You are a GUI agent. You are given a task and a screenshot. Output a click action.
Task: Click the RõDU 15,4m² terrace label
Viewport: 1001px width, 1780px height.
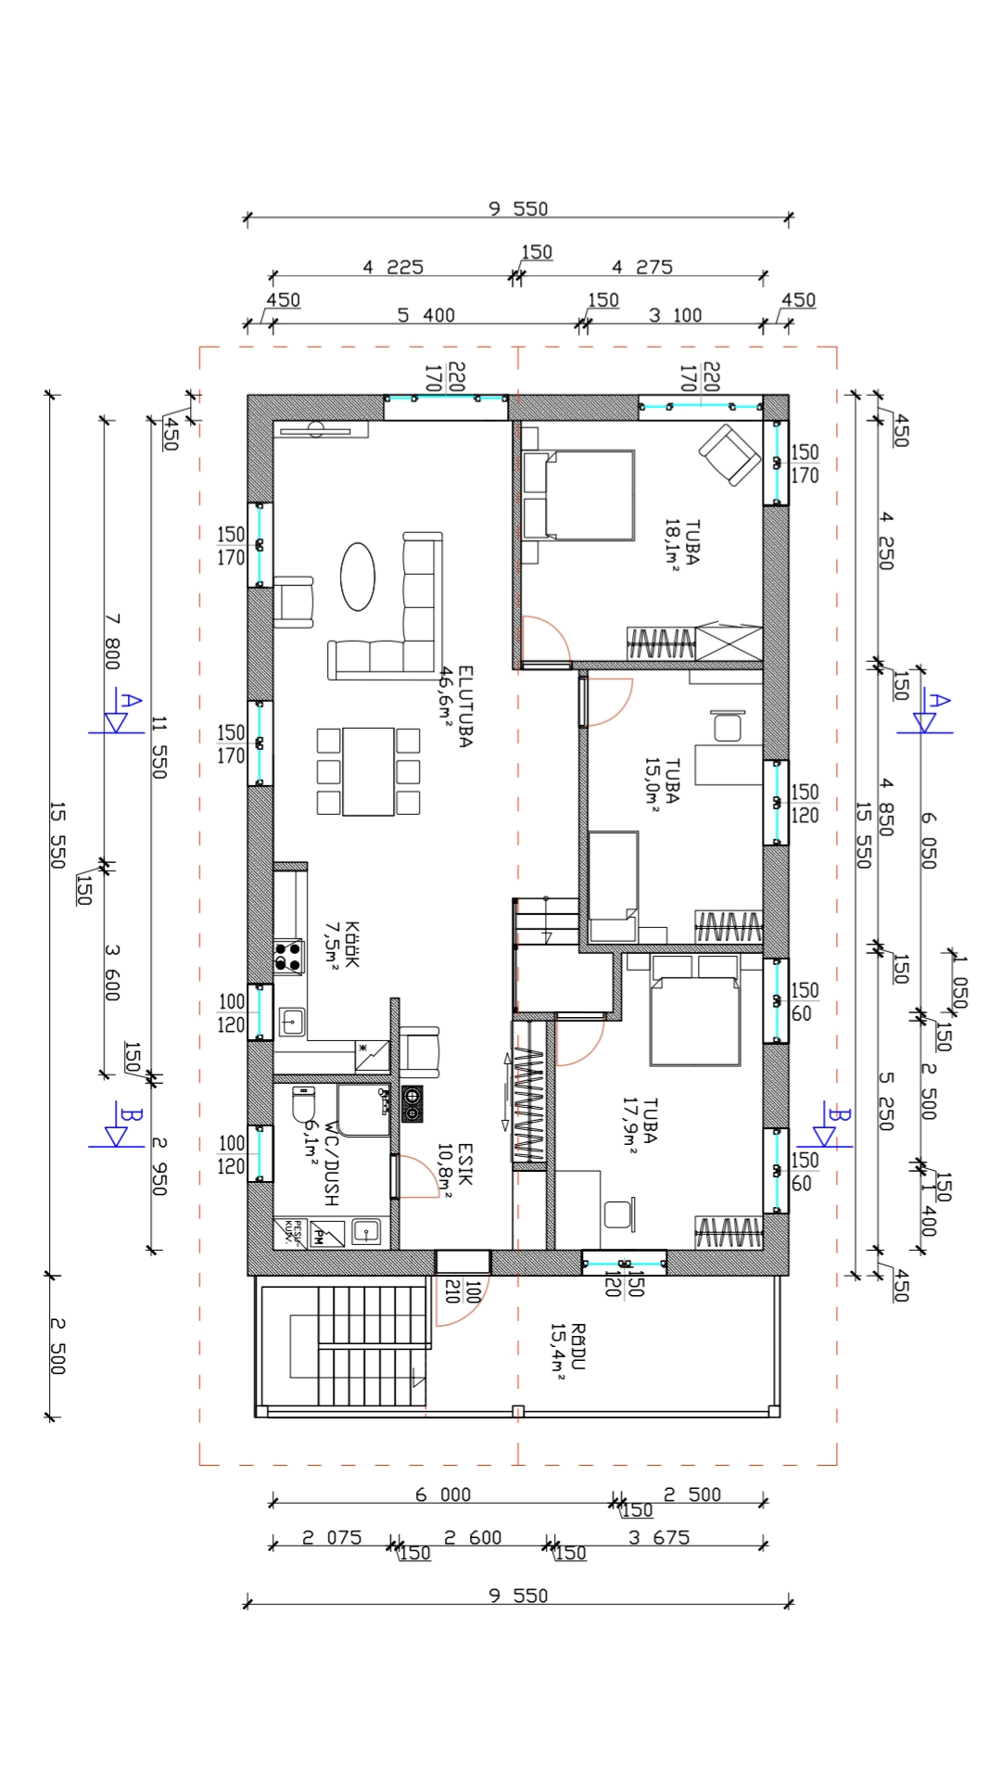pyautogui.click(x=568, y=1353)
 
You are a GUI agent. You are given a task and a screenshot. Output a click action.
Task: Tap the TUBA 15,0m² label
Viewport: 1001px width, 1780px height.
pyautogui.click(x=663, y=782)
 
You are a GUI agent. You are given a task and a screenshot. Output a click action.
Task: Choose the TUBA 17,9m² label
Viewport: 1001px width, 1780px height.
pyautogui.click(x=640, y=1125)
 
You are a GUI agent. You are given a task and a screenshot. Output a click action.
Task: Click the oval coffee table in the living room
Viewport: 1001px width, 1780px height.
pyautogui.click(x=358, y=576)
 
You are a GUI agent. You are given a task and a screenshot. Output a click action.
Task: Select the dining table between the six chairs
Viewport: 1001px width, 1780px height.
pyautogui.click(x=369, y=771)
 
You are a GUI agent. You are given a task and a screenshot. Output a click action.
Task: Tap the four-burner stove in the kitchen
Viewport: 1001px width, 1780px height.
pyautogui.click(x=289, y=957)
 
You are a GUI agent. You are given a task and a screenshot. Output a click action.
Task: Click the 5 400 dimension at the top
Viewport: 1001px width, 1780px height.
pyautogui.click(x=426, y=315)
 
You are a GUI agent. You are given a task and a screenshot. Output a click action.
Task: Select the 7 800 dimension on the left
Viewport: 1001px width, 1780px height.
pyautogui.click(x=111, y=641)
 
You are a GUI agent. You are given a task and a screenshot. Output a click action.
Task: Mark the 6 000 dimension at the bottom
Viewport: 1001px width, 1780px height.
pyautogui.click(x=443, y=1494)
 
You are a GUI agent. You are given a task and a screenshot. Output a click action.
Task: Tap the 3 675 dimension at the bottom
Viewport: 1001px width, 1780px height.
pyautogui.click(x=659, y=1537)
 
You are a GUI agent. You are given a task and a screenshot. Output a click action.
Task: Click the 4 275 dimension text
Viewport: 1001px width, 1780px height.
pyautogui.click(x=642, y=267)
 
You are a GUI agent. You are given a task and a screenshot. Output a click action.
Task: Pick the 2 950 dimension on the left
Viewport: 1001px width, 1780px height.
pyautogui.click(x=158, y=1166)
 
